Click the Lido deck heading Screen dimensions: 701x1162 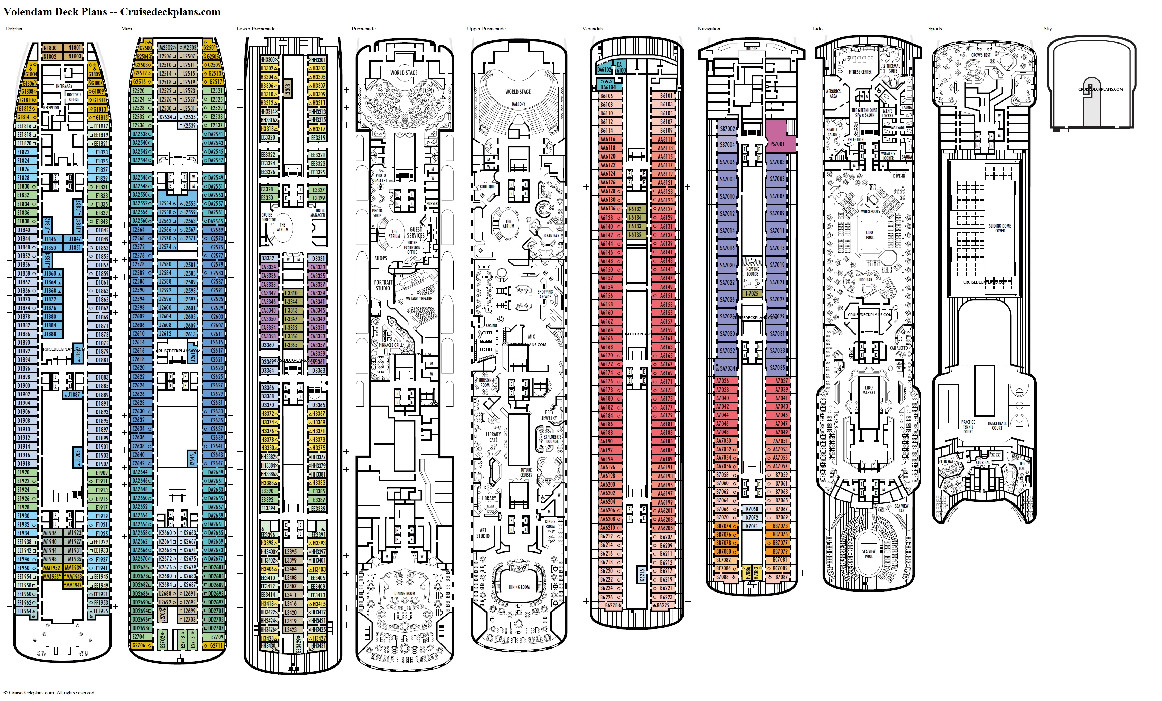tap(817, 29)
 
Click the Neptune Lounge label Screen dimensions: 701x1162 tap(753, 271)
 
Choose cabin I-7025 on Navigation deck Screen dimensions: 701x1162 tap(752, 294)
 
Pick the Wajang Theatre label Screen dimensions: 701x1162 tap(419, 299)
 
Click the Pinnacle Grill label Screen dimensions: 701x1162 tap(390, 345)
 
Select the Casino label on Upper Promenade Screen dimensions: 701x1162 tap(491, 325)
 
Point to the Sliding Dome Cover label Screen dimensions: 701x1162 tap(1000, 228)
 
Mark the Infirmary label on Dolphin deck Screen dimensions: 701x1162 tap(64, 86)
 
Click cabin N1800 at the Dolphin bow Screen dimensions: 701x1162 tap(50, 48)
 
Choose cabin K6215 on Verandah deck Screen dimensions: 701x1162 tap(641, 575)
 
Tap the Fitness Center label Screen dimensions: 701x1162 tap(860, 72)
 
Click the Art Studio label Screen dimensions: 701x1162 tap(483, 533)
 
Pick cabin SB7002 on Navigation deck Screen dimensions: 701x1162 tap(727, 128)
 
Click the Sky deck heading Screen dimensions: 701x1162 tap(1047, 29)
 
